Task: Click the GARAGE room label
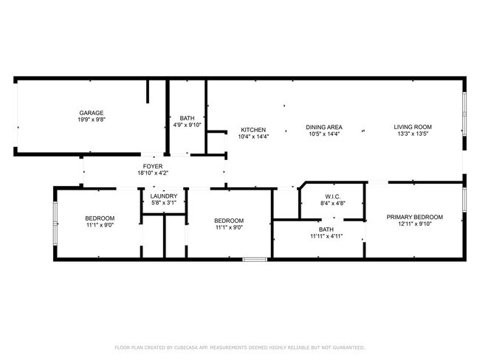pos(92,113)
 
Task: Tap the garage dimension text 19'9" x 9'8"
pos(92,120)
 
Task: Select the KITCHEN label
pos(253,130)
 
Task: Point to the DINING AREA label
pos(324,127)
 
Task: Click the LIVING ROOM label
pos(413,127)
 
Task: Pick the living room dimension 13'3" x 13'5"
pos(413,134)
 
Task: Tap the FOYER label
pos(153,167)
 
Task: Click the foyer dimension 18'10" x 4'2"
pos(153,173)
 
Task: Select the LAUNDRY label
pos(164,196)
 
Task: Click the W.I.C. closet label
pos(332,196)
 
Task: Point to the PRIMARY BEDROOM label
pos(414,217)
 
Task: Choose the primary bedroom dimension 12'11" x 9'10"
pos(414,224)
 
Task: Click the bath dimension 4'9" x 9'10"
pos(187,125)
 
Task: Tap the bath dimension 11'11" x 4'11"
pos(326,236)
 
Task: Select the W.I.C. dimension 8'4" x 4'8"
pos(332,203)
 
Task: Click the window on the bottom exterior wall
pos(255,260)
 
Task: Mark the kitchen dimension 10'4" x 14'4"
pos(253,136)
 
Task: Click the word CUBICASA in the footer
pos(186,347)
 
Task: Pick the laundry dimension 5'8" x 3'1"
pos(164,203)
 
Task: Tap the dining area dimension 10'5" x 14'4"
pos(324,134)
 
